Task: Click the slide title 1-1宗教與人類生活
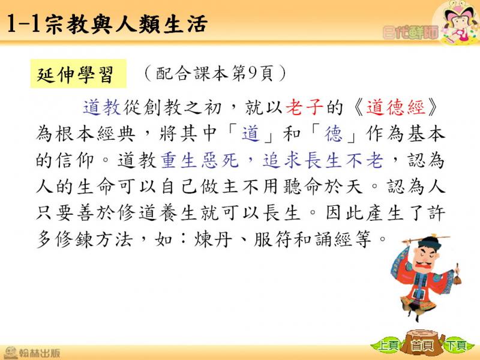pos(107,23)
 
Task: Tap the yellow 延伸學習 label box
pos(78,74)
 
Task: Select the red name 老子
pos(304,107)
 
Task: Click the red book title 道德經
pos(396,107)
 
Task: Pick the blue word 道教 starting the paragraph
pos(102,107)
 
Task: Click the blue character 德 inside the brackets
pos(334,134)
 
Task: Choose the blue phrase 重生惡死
pos(199,160)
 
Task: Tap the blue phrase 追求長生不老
pos(323,160)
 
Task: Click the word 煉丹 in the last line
pos(213,239)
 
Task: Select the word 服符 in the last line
pos(273,239)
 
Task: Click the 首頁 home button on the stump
pos(422,345)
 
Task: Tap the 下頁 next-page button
pos(456,346)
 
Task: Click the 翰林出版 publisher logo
pos(32,353)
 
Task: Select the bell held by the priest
pos(457,278)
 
